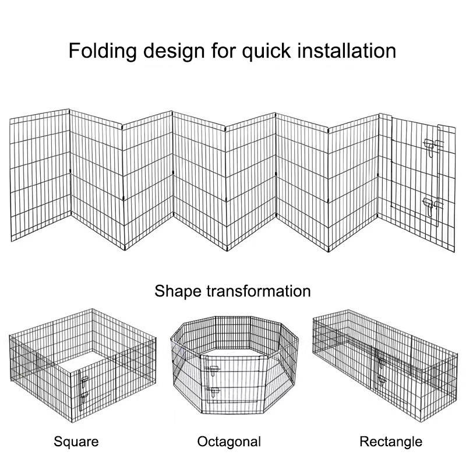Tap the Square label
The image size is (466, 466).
coord(76,441)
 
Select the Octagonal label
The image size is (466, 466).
coord(229,441)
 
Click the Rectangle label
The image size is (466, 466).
coord(390,441)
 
